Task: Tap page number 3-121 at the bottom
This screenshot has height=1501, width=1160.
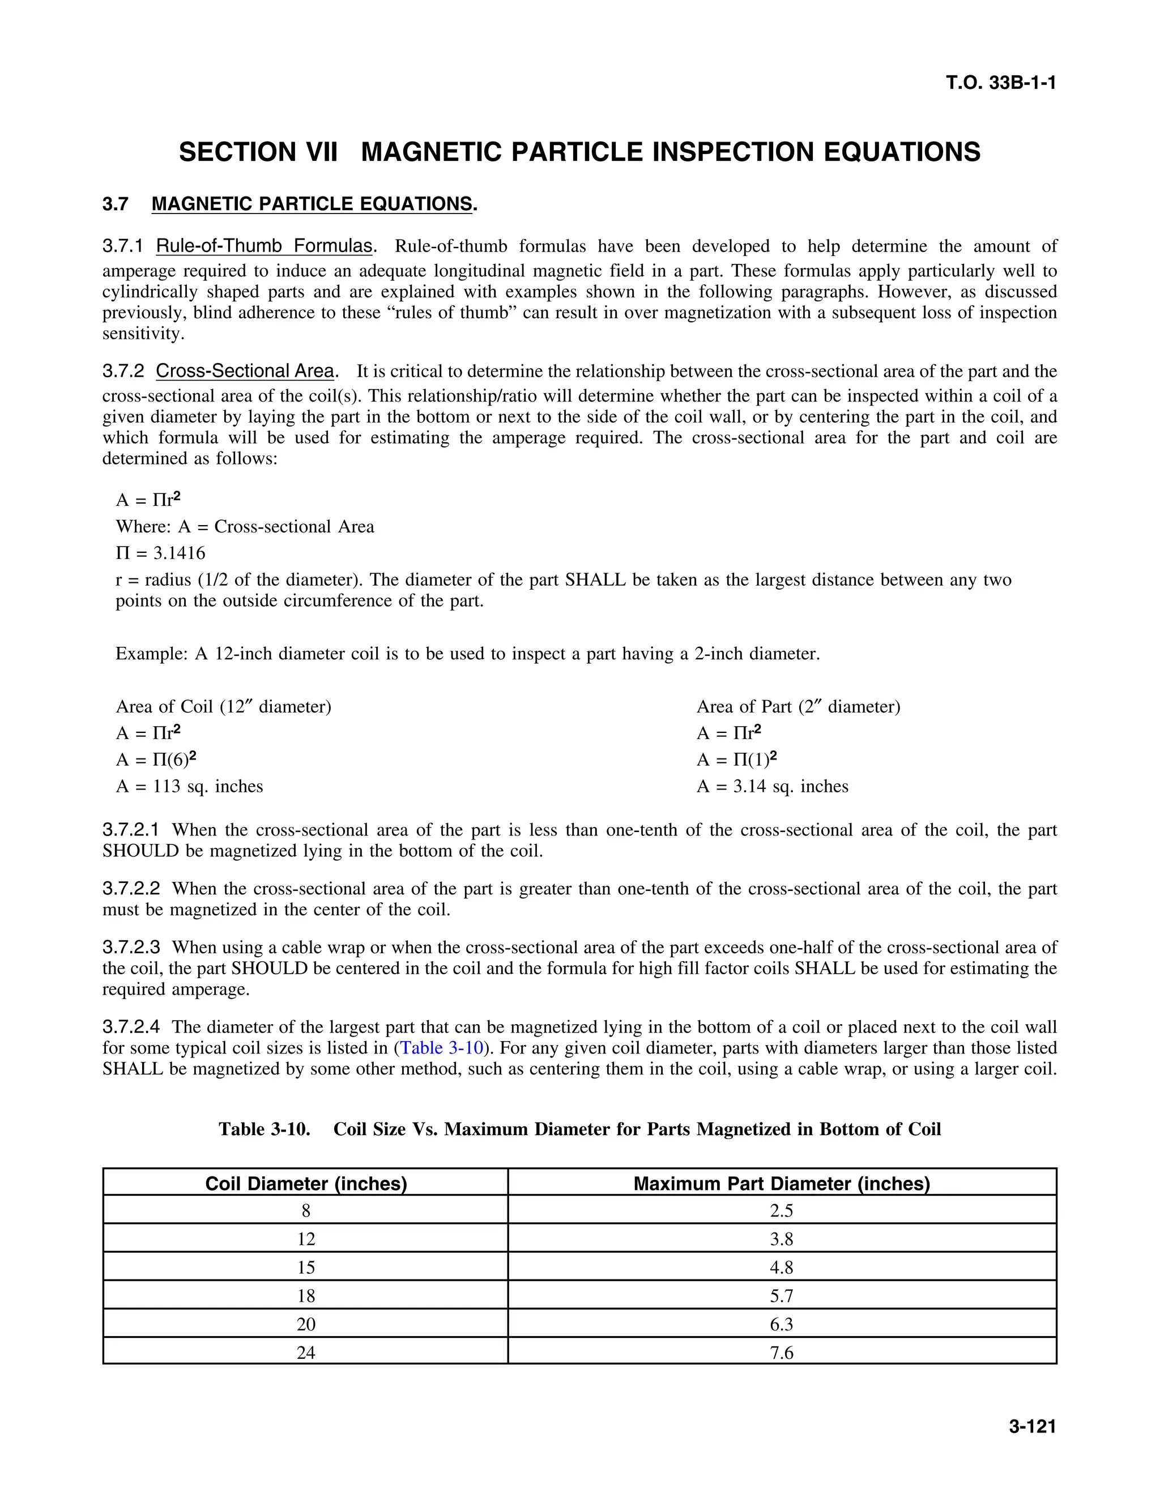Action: (x=1031, y=1426)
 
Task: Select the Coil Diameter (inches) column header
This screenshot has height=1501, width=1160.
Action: (x=306, y=1183)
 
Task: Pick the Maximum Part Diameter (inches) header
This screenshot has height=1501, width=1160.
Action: (x=781, y=1183)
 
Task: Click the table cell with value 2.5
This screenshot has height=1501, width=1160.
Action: (x=781, y=1210)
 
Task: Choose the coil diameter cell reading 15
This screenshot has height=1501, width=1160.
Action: (x=306, y=1267)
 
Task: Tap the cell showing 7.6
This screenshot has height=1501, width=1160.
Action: (x=781, y=1353)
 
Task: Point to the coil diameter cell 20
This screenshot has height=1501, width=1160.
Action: (x=306, y=1324)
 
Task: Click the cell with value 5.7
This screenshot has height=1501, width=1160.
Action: (x=781, y=1295)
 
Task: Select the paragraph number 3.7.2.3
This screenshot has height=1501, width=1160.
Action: (x=131, y=948)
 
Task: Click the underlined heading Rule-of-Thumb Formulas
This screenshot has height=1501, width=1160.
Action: (x=264, y=246)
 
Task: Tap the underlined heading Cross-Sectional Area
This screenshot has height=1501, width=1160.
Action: (x=245, y=371)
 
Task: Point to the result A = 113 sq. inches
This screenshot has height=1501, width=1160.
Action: (x=189, y=786)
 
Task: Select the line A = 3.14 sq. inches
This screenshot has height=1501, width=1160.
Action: (x=772, y=786)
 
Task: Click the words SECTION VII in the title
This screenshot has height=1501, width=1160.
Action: (x=258, y=152)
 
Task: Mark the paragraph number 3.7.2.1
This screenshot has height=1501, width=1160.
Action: (x=131, y=830)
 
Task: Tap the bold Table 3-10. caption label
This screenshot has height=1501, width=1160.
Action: (x=265, y=1129)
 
